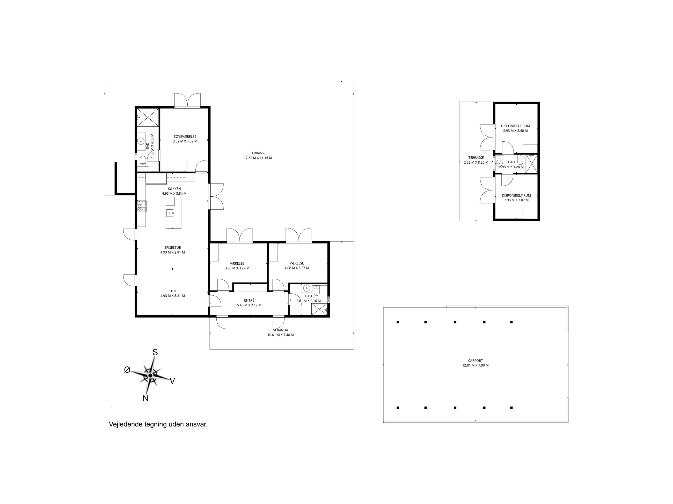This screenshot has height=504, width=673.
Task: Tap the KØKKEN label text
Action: click(174, 189)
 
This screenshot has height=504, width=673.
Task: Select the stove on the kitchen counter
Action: click(142, 206)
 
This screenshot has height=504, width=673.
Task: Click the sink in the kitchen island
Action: click(170, 213)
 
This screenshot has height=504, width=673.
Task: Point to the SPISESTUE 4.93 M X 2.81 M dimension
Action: click(172, 253)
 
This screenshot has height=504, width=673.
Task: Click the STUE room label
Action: click(172, 291)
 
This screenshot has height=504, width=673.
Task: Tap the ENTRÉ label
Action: click(249, 300)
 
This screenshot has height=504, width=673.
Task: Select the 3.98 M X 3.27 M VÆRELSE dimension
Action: click(237, 268)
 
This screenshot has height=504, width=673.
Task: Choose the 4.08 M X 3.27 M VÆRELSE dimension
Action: click(297, 268)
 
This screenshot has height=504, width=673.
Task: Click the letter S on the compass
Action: click(155, 352)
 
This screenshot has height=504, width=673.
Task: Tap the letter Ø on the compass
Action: click(127, 370)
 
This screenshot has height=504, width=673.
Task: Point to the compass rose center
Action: click(150, 376)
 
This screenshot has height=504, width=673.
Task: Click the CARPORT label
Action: click(475, 361)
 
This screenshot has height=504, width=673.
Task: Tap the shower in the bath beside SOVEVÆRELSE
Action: click(148, 117)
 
